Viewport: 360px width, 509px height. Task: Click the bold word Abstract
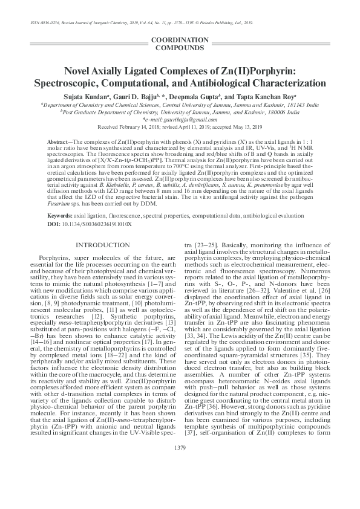click(59, 140)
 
